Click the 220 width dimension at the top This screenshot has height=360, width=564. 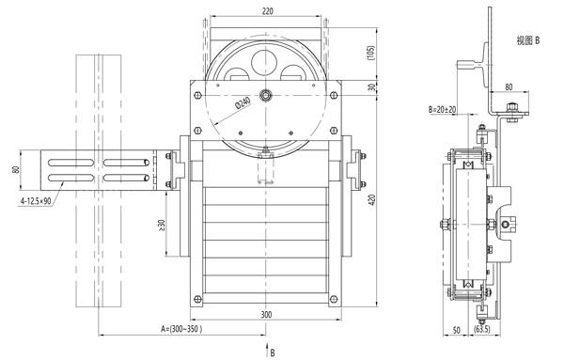click(267, 11)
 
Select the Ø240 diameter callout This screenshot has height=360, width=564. click(243, 103)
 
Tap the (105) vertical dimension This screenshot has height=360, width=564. click(371, 53)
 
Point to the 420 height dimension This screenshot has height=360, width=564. click(372, 200)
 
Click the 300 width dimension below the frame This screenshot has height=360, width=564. click(266, 315)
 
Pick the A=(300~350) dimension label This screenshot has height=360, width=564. click(180, 329)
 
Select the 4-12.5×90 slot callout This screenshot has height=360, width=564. click(36, 201)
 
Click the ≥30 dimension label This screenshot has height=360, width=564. click(161, 225)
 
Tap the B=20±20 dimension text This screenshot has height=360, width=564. click(442, 109)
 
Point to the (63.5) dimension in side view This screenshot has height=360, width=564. click(482, 329)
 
